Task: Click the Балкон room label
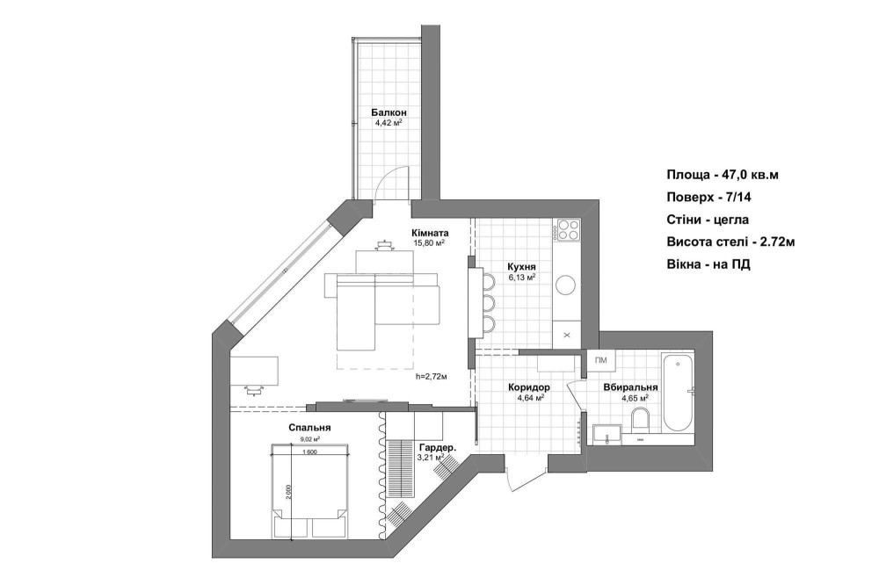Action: point(389,112)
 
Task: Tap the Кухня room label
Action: point(521,267)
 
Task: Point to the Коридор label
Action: point(528,387)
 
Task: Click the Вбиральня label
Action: point(630,387)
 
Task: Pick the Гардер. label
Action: point(437,448)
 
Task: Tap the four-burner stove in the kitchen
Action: point(567,229)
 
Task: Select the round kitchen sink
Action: point(565,284)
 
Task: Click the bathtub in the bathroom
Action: point(679,392)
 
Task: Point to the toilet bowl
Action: point(639,419)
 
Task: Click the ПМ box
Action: point(601,360)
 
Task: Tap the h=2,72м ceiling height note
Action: point(431,377)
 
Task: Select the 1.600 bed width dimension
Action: point(309,452)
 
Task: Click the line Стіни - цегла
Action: point(708,220)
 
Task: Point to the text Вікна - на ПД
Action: point(708,264)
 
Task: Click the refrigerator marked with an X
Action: point(567,335)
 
